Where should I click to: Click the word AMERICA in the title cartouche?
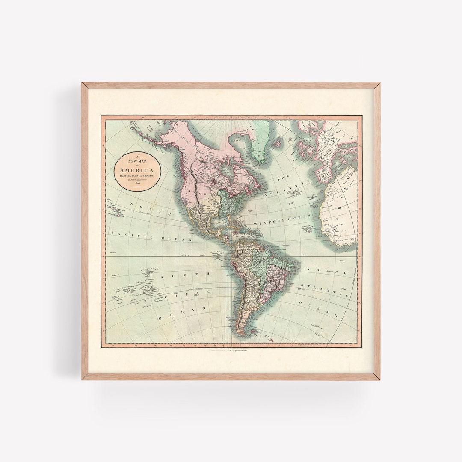tap(135, 165)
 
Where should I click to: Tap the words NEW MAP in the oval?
tap(135, 160)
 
